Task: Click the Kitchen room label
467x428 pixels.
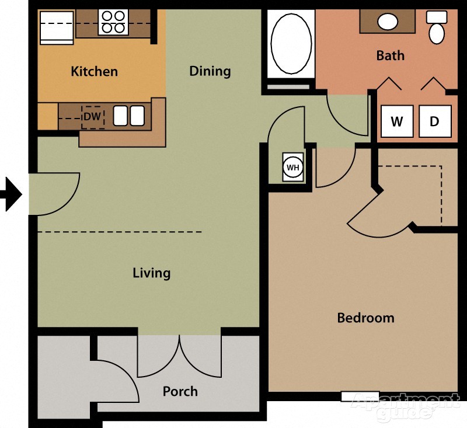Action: click(x=94, y=72)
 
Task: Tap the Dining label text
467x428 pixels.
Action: click(x=210, y=71)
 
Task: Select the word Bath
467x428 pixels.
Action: click(x=390, y=56)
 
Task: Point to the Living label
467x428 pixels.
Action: click(x=151, y=273)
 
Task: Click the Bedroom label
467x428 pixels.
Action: click(x=365, y=318)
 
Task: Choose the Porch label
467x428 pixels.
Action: click(x=180, y=391)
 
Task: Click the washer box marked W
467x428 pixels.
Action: click(x=397, y=121)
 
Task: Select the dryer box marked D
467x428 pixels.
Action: click(x=435, y=121)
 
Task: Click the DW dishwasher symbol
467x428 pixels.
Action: click(x=92, y=117)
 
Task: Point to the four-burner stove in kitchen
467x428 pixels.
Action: click(x=113, y=22)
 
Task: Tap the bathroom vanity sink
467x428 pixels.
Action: click(x=388, y=22)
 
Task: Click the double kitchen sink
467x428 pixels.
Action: click(x=128, y=116)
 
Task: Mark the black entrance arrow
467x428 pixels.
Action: click(x=11, y=194)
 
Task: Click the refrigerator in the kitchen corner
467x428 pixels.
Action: click(x=57, y=27)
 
